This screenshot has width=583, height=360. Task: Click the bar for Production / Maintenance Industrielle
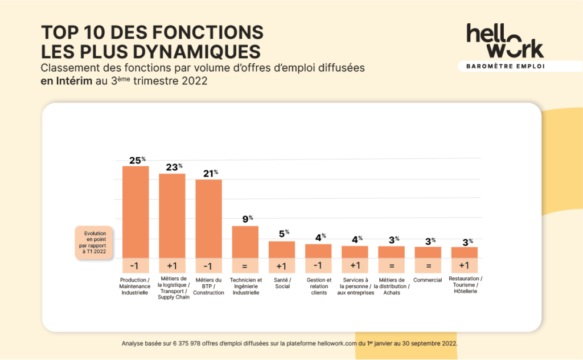tap(136, 211)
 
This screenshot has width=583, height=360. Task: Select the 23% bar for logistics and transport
tap(172, 215)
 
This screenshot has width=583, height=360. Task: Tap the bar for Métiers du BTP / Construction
tap(208, 218)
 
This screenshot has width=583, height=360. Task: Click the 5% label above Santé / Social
tap(283, 232)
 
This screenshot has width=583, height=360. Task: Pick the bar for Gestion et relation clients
tap(318, 251)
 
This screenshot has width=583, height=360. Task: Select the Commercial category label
tap(428, 280)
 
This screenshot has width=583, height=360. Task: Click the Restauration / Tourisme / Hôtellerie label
tap(465, 285)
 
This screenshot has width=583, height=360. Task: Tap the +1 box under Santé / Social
tap(282, 265)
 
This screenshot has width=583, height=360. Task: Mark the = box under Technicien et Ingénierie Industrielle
tap(245, 265)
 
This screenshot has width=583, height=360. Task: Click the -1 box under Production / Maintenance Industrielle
tap(136, 265)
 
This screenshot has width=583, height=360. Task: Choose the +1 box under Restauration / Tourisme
tap(465, 265)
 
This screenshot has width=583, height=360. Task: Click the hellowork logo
tap(504, 40)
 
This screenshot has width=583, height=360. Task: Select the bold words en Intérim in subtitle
tap(67, 81)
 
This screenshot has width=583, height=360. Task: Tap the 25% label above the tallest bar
tap(136, 161)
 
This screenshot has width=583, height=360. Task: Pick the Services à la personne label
tap(355, 286)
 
